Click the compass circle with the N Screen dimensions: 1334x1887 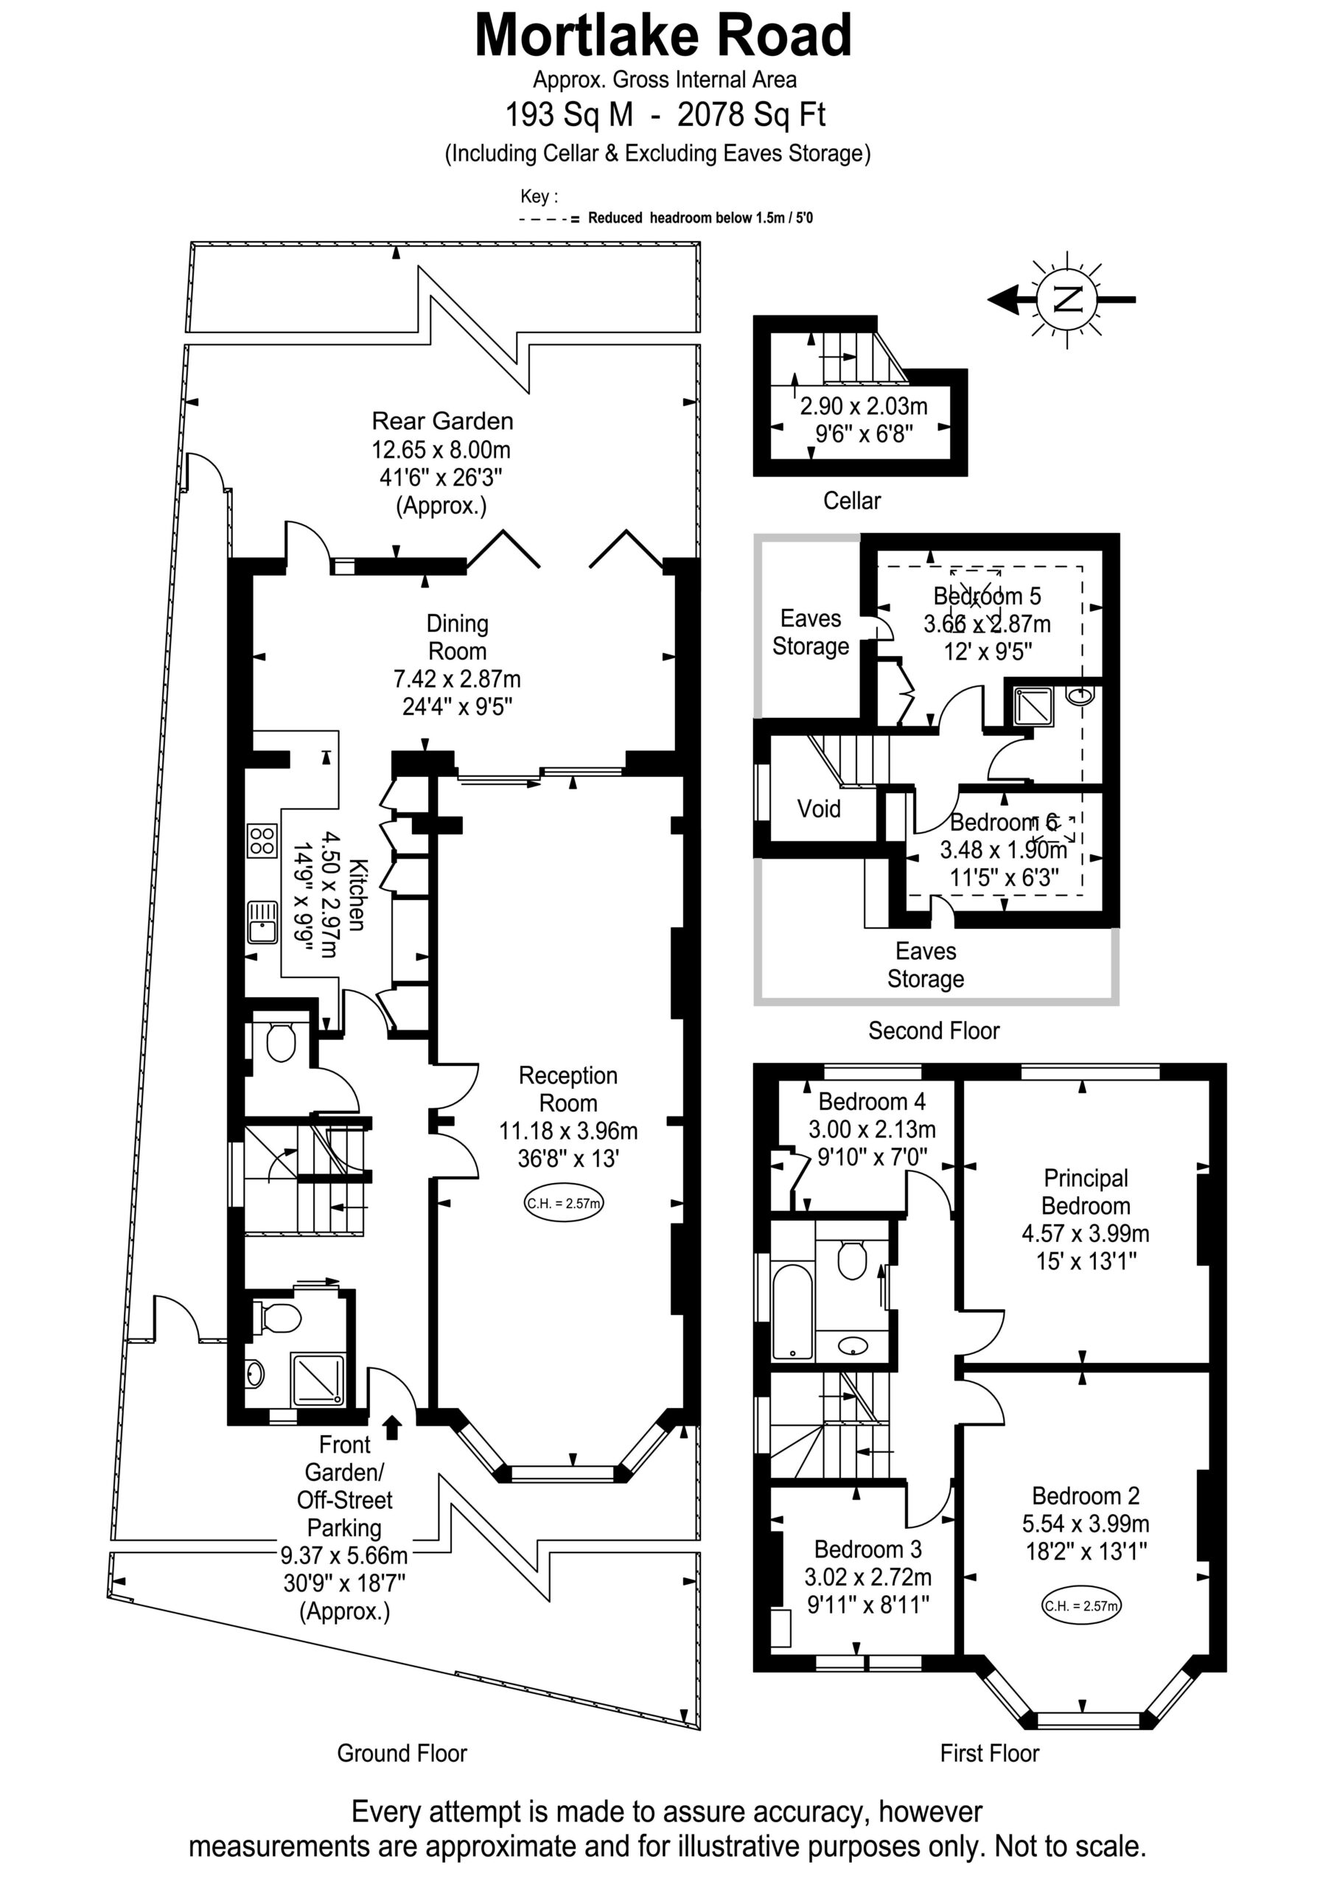tap(1068, 299)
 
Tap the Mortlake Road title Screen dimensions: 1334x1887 tap(663, 36)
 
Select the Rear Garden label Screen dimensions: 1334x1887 tap(442, 421)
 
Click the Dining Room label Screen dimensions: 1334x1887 tap(457, 637)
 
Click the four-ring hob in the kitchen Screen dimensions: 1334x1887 tap(262, 841)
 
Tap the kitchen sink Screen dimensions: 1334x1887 tap(263, 921)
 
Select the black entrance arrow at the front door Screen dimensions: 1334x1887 tap(392, 1428)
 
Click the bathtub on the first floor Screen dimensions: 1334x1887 tap(792, 1313)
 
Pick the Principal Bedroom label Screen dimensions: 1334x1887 tap(1086, 1192)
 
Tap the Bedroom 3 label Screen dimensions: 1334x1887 tap(868, 1549)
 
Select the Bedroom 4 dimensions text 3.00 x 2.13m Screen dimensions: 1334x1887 tap(872, 1129)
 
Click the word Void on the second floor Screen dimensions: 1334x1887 tap(819, 809)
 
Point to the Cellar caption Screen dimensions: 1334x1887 tap(851, 500)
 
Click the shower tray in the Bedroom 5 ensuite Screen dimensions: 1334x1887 tap(1034, 706)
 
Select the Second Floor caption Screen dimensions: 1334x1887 tap(934, 1030)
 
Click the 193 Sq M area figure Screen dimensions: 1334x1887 tap(569, 115)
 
